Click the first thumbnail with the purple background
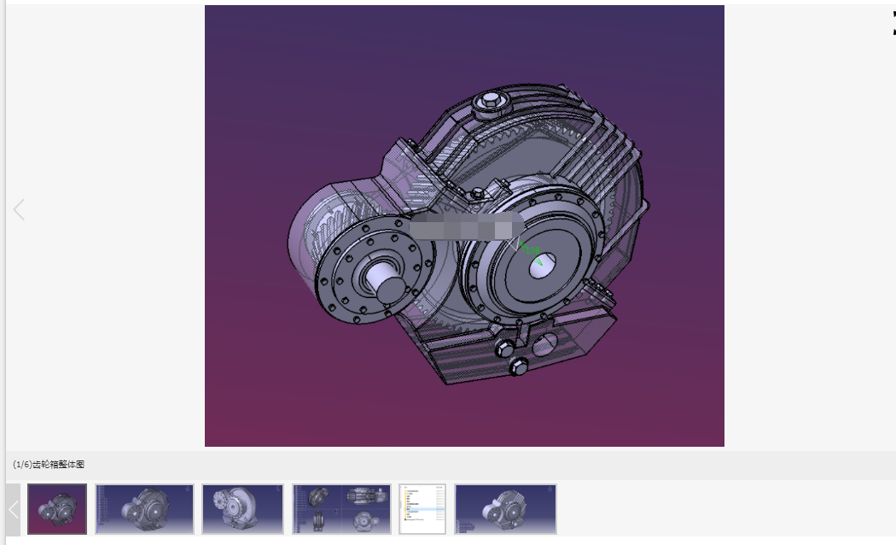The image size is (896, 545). point(57,509)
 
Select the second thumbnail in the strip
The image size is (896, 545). point(145,509)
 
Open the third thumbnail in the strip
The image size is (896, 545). point(242,509)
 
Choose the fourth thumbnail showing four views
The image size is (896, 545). point(341,509)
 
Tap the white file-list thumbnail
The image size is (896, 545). point(422,509)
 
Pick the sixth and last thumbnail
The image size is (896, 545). point(505,509)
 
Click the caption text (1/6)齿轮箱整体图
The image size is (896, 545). point(49,465)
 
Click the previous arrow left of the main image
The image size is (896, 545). point(19,209)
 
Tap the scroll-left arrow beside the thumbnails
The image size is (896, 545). point(14,510)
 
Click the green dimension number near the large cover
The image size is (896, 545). point(532,250)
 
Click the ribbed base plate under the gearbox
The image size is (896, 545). point(461,355)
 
